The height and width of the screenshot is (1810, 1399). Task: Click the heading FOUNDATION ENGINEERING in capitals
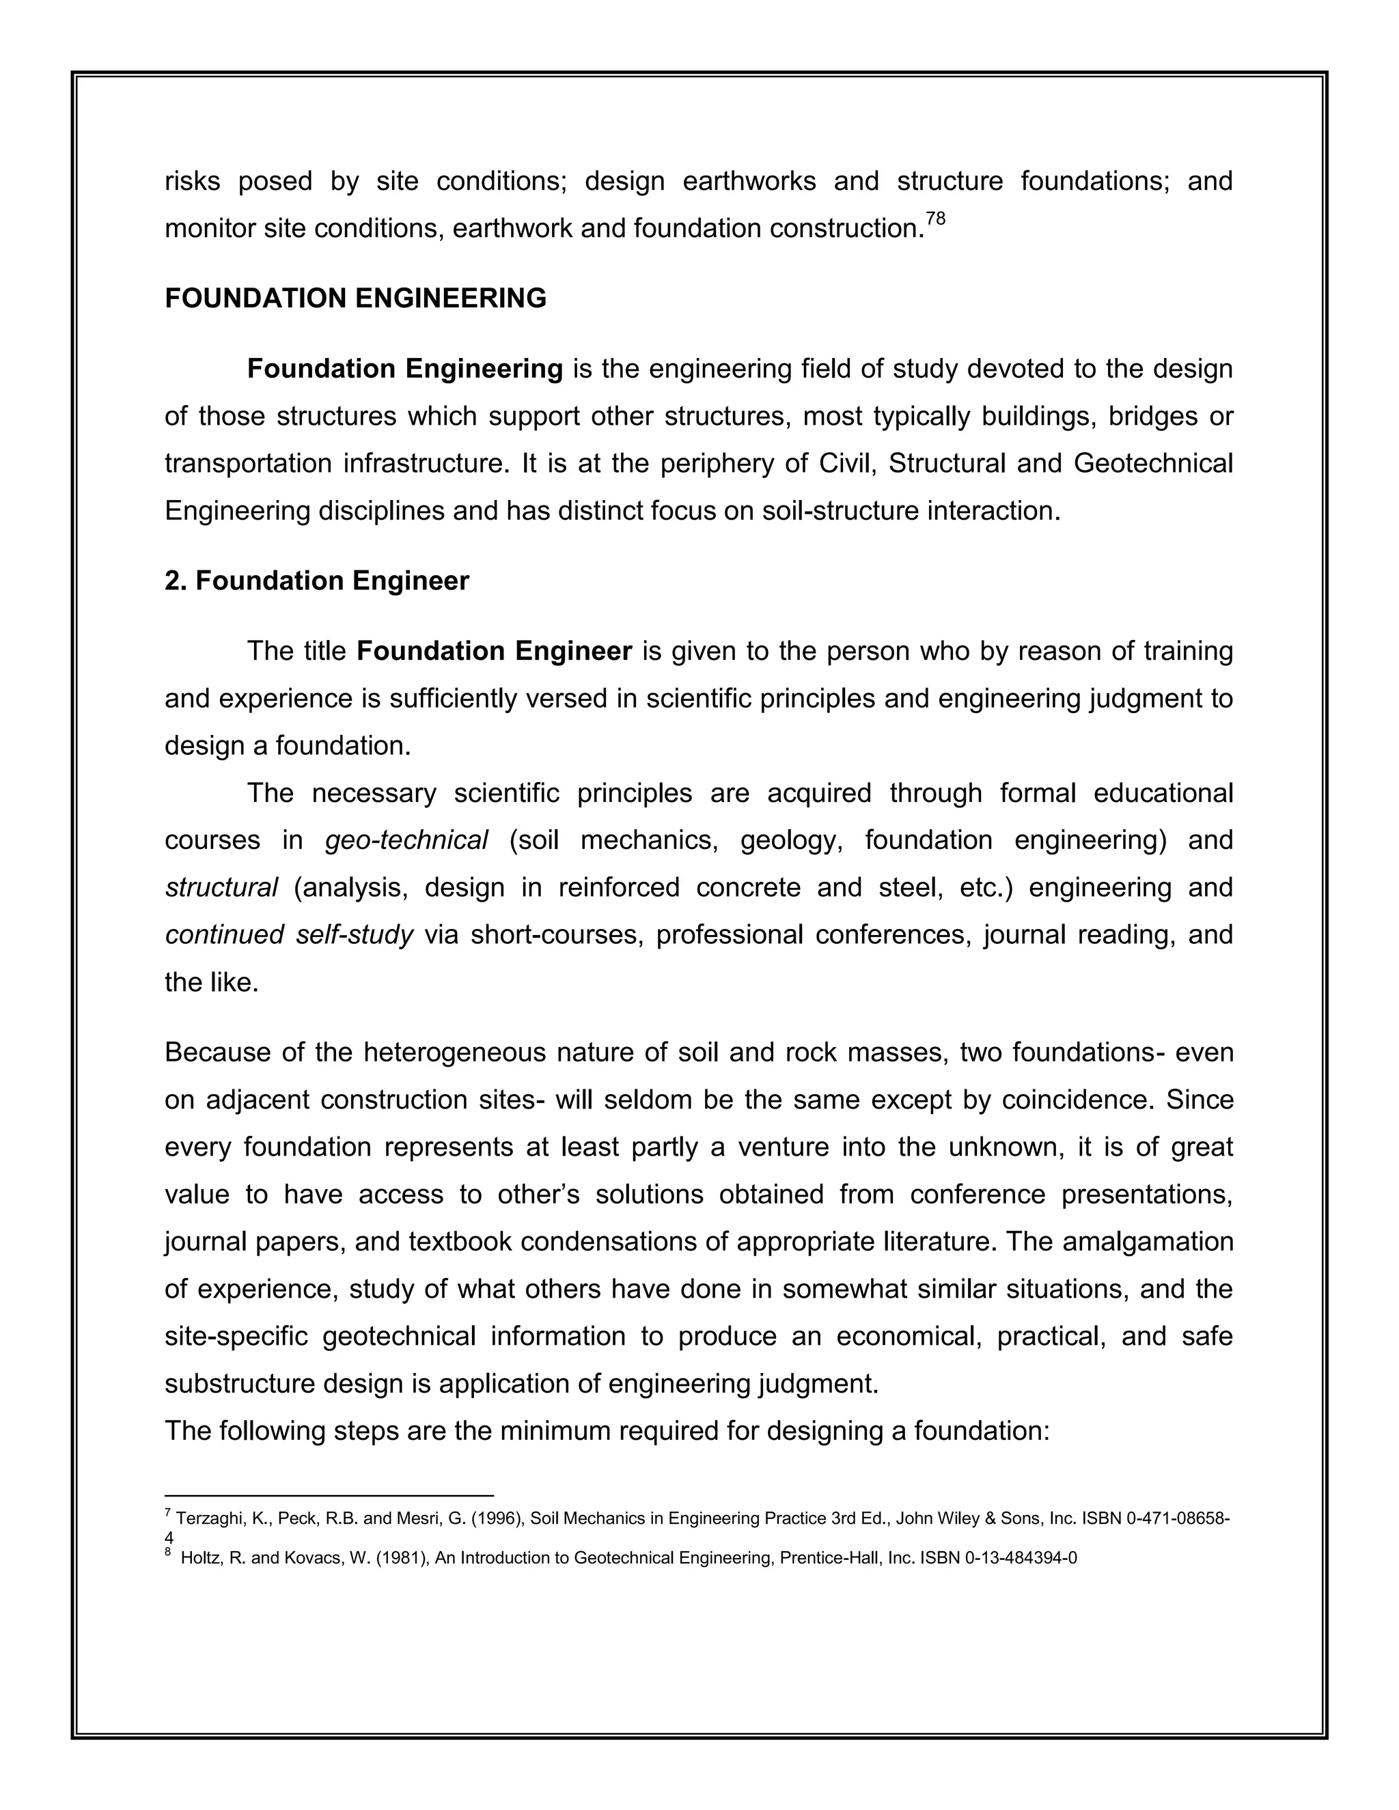[x=355, y=298]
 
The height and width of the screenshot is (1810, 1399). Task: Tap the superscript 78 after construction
[x=935, y=219]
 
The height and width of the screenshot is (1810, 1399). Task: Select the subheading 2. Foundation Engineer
[x=316, y=581]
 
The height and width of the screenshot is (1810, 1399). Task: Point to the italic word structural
[x=221, y=888]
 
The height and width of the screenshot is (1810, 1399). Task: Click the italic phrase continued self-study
[x=288, y=935]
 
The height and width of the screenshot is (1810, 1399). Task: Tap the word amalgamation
[x=1147, y=1242]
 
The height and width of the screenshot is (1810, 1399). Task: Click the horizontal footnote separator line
[x=329, y=1496]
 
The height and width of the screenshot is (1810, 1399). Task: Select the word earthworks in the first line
[x=749, y=182]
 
